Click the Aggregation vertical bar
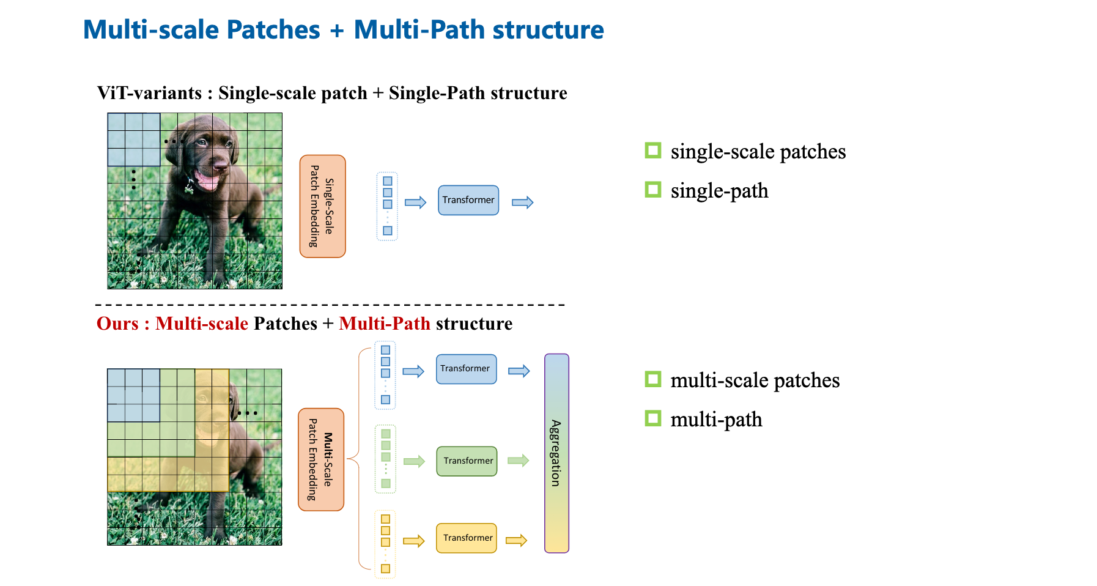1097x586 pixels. pos(556,453)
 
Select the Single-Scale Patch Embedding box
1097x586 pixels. pos(322,206)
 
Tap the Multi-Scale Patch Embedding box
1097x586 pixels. pos(321,459)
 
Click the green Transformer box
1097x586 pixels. pos(467,461)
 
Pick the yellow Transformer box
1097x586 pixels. pos(467,538)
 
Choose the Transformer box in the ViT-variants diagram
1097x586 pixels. pos(468,200)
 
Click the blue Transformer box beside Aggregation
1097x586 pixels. pos(466,369)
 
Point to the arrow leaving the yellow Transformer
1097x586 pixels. pos(516,540)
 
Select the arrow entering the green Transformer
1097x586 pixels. pos(414,461)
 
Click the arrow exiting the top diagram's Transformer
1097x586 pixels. pos(523,202)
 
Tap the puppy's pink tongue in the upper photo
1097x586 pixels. pos(206,182)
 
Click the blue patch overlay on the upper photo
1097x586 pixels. pos(134,139)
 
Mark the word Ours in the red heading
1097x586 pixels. pos(117,324)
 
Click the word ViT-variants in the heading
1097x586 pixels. pos(149,93)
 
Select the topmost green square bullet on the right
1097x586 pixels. pos(653,150)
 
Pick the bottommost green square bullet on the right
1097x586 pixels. pos(653,418)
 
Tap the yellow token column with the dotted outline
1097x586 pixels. pos(385,544)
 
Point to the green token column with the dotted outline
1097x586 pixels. pos(385,459)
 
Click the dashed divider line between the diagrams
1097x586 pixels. pos(330,304)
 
